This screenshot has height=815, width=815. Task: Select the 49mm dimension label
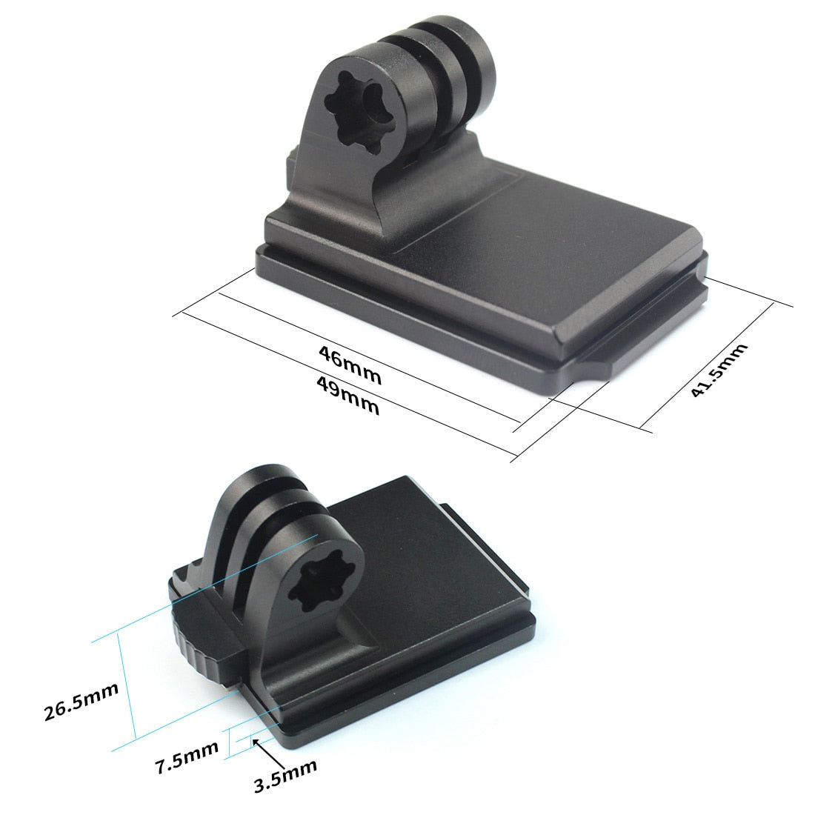[x=347, y=395]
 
